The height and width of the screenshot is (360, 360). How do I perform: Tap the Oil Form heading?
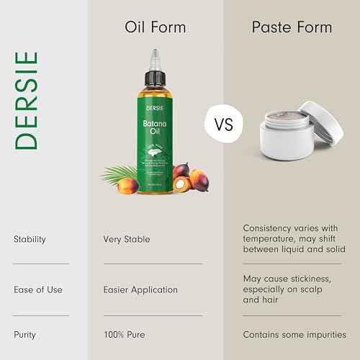pyautogui.click(x=156, y=27)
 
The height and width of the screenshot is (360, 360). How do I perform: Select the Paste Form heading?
pyautogui.click(x=292, y=27)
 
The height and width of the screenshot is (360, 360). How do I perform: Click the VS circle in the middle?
pyautogui.click(x=224, y=125)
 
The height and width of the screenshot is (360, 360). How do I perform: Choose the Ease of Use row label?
pyautogui.click(x=37, y=289)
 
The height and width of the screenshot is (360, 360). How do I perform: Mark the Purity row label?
pyautogui.click(x=24, y=334)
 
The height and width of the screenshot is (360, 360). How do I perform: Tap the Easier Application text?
pyautogui.click(x=140, y=289)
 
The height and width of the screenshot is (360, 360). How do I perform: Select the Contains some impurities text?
pyautogui.click(x=294, y=334)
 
